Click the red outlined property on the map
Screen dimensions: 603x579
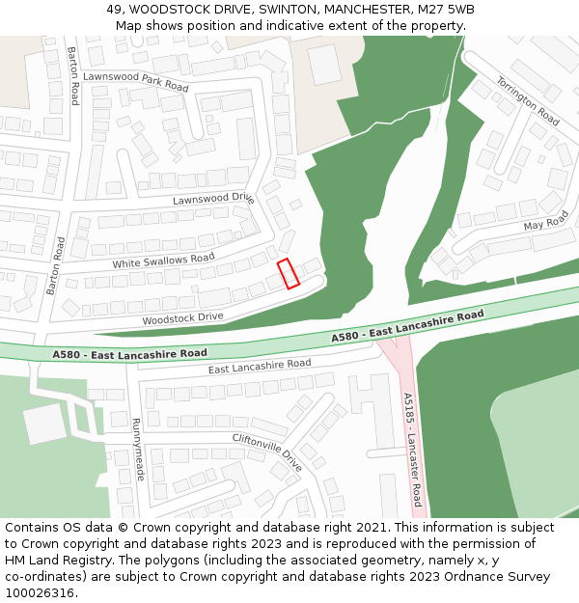(289, 273)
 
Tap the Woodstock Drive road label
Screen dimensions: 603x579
(182, 317)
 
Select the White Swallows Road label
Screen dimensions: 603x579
(163, 260)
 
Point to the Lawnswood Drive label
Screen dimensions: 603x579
(213, 199)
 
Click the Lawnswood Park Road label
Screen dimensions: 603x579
(135, 81)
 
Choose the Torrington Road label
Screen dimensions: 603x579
(528, 101)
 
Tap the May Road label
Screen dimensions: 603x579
(546, 224)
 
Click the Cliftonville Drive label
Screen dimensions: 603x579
(267, 452)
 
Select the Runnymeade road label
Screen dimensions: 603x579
(137, 450)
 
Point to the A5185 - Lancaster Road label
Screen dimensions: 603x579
(412, 449)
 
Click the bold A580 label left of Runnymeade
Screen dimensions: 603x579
(129, 354)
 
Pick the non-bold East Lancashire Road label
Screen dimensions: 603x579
(260, 366)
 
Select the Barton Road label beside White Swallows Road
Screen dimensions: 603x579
(55, 266)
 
